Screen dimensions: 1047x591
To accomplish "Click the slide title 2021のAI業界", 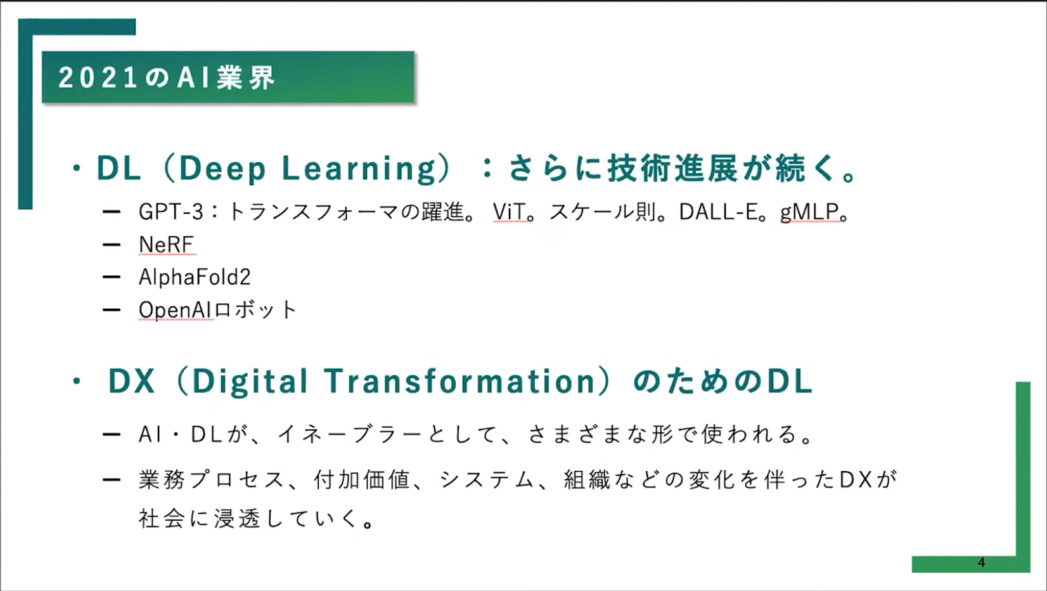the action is [x=167, y=77].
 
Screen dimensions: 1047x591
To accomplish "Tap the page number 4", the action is [x=981, y=562].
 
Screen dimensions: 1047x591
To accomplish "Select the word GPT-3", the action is [x=171, y=212].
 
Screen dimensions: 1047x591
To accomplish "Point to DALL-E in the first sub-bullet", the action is [x=718, y=212].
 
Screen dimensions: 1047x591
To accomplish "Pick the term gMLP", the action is [x=809, y=212].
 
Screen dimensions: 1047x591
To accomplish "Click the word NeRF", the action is [x=167, y=244].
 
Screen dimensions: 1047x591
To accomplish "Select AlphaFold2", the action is [x=195, y=277].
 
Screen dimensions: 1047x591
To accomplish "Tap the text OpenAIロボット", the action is [x=217, y=309].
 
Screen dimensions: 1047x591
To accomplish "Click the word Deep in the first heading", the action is [x=222, y=169].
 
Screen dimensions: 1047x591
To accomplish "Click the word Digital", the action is [x=250, y=382].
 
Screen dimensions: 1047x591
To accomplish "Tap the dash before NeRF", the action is [x=112, y=245].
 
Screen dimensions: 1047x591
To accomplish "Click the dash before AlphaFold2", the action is [x=112, y=277].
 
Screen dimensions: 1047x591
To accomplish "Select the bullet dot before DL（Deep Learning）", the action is [x=77, y=169].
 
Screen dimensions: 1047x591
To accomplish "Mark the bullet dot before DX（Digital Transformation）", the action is [x=77, y=382].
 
